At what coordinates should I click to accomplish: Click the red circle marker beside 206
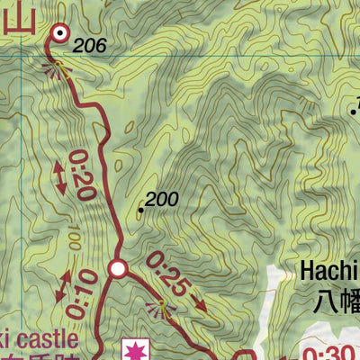tap(59, 33)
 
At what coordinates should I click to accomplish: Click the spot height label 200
tap(162, 200)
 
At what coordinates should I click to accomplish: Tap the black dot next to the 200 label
tap(141, 211)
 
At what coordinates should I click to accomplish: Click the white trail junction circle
tap(117, 268)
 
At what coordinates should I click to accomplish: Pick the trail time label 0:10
tap(84, 287)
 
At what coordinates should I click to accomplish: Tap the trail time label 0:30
tap(329, 352)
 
